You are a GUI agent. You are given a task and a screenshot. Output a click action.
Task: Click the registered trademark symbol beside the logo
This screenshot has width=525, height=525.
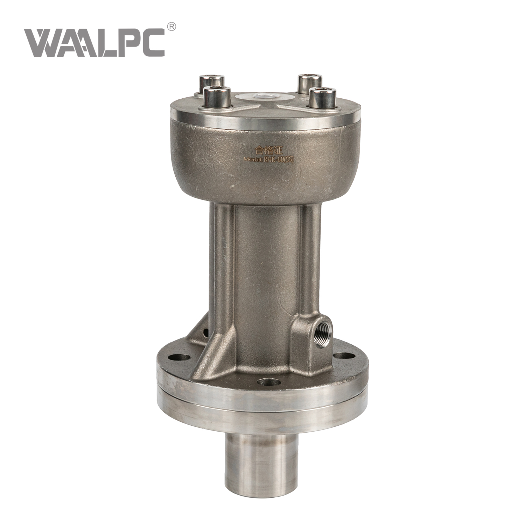172,27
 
